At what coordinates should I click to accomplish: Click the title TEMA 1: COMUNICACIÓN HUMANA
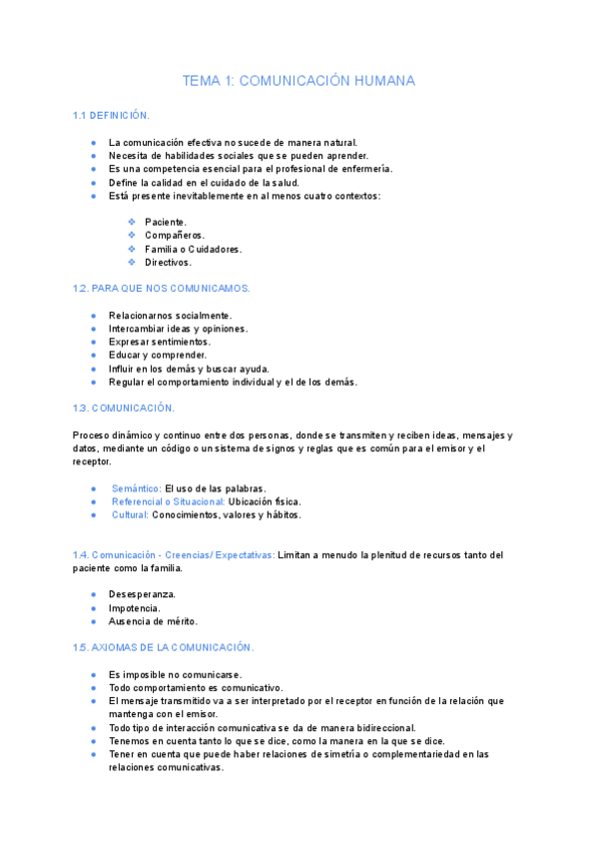[x=299, y=81]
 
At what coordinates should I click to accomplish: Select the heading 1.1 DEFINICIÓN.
[x=111, y=116]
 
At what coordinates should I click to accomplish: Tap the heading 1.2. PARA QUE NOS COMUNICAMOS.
[x=162, y=288]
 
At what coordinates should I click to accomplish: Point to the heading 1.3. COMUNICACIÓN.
[x=124, y=408]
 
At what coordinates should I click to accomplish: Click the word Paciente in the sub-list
[x=165, y=222]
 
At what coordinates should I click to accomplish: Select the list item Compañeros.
[x=175, y=236]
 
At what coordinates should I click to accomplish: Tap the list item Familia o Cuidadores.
[x=193, y=249]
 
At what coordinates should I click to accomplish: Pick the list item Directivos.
[x=167, y=263]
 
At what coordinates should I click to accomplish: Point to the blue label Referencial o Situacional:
[x=168, y=501]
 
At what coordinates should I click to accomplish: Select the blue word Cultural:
[x=130, y=515]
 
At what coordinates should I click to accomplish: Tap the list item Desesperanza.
[x=142, y=594]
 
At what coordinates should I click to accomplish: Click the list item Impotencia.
[x=134, y=607]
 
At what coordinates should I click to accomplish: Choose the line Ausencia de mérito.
[x=153, y=621]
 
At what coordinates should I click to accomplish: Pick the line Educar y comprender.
[x=158, y=355]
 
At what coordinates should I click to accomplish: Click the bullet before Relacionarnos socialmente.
[x=93, y=316]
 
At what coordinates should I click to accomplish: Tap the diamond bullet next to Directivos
[x=132, y=263]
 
